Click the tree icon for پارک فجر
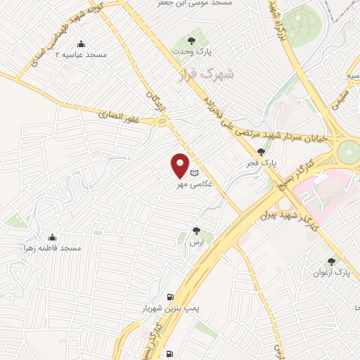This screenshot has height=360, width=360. point(262,151)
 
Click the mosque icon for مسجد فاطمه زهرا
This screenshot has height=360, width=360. point(51,237)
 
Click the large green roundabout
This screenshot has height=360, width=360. point(348,152)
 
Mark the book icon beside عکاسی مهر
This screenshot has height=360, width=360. point(195,173)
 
